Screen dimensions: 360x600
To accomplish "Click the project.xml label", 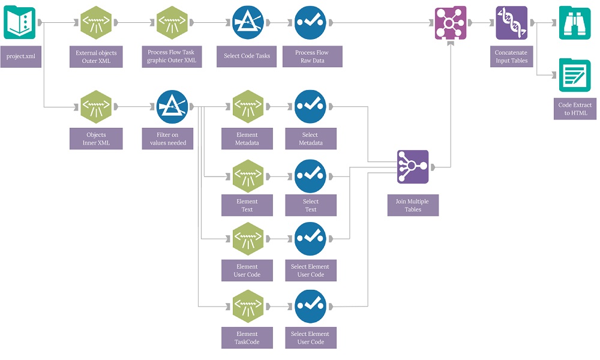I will pos(21,56).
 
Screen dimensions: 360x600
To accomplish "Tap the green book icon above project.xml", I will pos(20,23).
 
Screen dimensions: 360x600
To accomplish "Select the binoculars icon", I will pos(575,23).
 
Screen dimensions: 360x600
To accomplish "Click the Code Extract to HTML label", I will pos(575,109).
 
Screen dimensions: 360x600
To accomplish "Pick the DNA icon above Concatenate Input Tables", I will pos(511,23).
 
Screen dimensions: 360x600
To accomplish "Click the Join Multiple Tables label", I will pos(413,205).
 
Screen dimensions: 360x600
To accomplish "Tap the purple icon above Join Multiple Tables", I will pos(413,167).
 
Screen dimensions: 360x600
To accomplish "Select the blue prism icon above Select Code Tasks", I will pos(248,23).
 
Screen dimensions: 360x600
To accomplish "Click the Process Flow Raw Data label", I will pos(312,56).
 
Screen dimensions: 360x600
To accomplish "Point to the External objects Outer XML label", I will pos(96,57).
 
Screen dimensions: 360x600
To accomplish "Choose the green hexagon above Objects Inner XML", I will pos(96,107).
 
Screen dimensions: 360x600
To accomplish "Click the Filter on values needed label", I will pos(168,139).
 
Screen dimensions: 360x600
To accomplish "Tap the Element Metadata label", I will pos(247,139).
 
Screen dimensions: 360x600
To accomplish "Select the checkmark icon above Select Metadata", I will pos(310,107).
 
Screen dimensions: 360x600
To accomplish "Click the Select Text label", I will pos(311,205).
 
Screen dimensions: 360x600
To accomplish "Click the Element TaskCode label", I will pos(247,338).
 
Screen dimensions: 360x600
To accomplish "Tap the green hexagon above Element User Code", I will pos(248,239).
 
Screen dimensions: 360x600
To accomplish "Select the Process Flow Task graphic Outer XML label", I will pos(172,56).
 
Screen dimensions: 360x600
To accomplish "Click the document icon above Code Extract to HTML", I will pos(575,75).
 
